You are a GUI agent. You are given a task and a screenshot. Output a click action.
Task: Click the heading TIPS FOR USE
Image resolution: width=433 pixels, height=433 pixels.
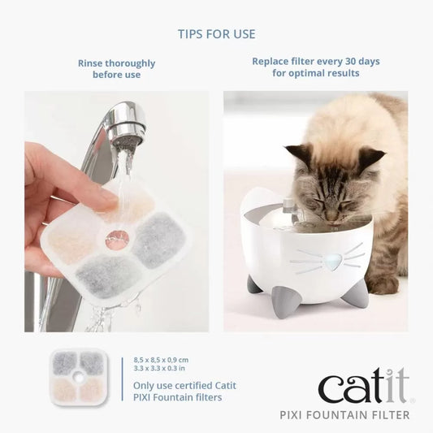pos(216,34)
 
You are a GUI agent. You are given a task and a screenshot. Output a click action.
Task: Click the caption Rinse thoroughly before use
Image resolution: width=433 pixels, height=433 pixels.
pos(116,69)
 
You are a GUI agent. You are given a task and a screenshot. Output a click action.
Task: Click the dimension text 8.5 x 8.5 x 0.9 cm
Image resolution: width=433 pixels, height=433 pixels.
pos(160,359)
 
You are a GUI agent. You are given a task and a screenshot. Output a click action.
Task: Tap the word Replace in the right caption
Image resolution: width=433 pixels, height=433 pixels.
pos(270,62)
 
